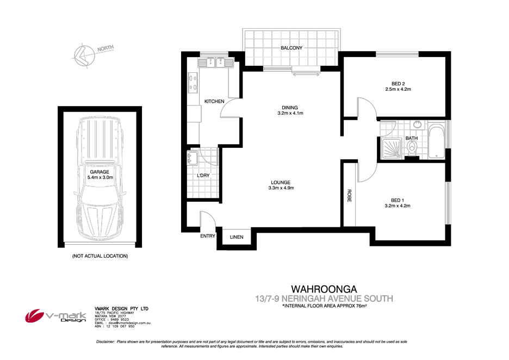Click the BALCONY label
pos(291,48)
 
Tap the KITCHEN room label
pos(214,102)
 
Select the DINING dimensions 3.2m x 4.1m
pos(290,114)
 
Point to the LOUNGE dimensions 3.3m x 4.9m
pos(281,188)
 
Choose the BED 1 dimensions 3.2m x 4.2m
pos(397,206)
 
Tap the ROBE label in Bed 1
pos(349,196)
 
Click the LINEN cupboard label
pos(237,237)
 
